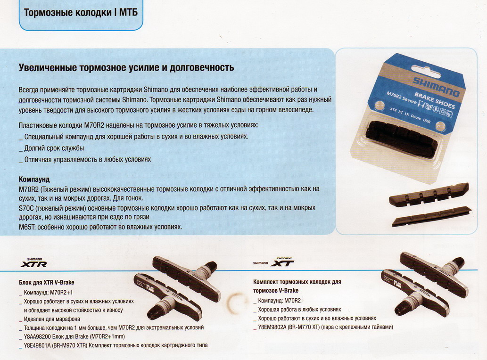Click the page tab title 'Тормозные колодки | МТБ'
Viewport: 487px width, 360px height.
click(81, 12)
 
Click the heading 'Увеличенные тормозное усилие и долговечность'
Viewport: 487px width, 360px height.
click(126, 67)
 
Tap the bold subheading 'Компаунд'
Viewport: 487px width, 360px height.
click(34, 180)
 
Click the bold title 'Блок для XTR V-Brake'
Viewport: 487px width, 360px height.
click(46, 283)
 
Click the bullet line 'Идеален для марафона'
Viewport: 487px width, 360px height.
click(53, 319)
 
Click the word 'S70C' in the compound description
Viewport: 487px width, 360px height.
click(26, 208)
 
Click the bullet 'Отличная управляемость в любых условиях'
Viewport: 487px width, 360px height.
click(87, 159)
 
